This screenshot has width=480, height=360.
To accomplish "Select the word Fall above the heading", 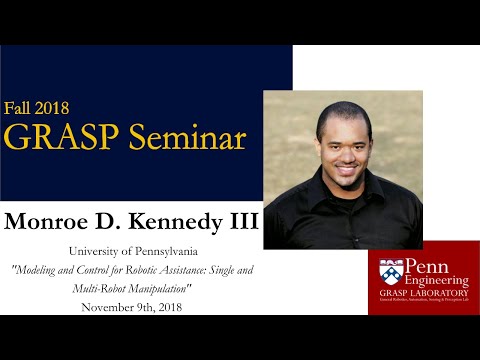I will pos(22,107).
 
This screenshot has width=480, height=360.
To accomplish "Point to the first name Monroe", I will pos(47,219).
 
